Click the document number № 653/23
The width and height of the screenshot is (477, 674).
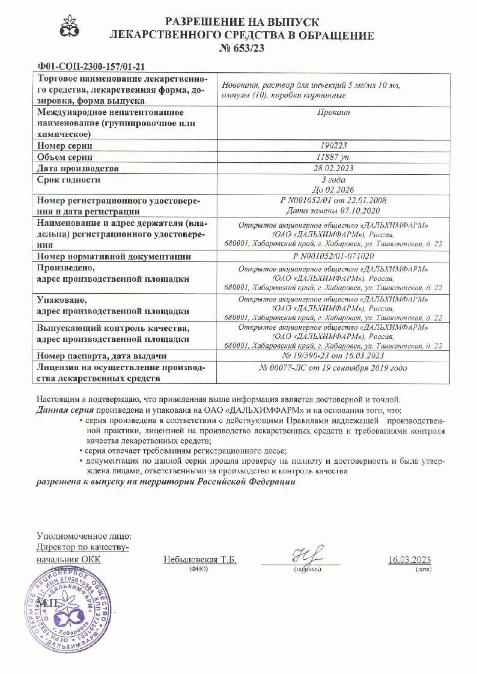tap(241, 47)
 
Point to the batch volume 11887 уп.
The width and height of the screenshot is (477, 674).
tap(331, 157)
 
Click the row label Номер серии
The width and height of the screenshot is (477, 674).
tap(65, 146)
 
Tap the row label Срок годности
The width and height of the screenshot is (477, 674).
tap(68, 180)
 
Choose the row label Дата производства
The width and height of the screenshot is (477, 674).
tap(77, 168)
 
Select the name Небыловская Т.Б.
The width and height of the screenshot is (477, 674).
tap(200, 560)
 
